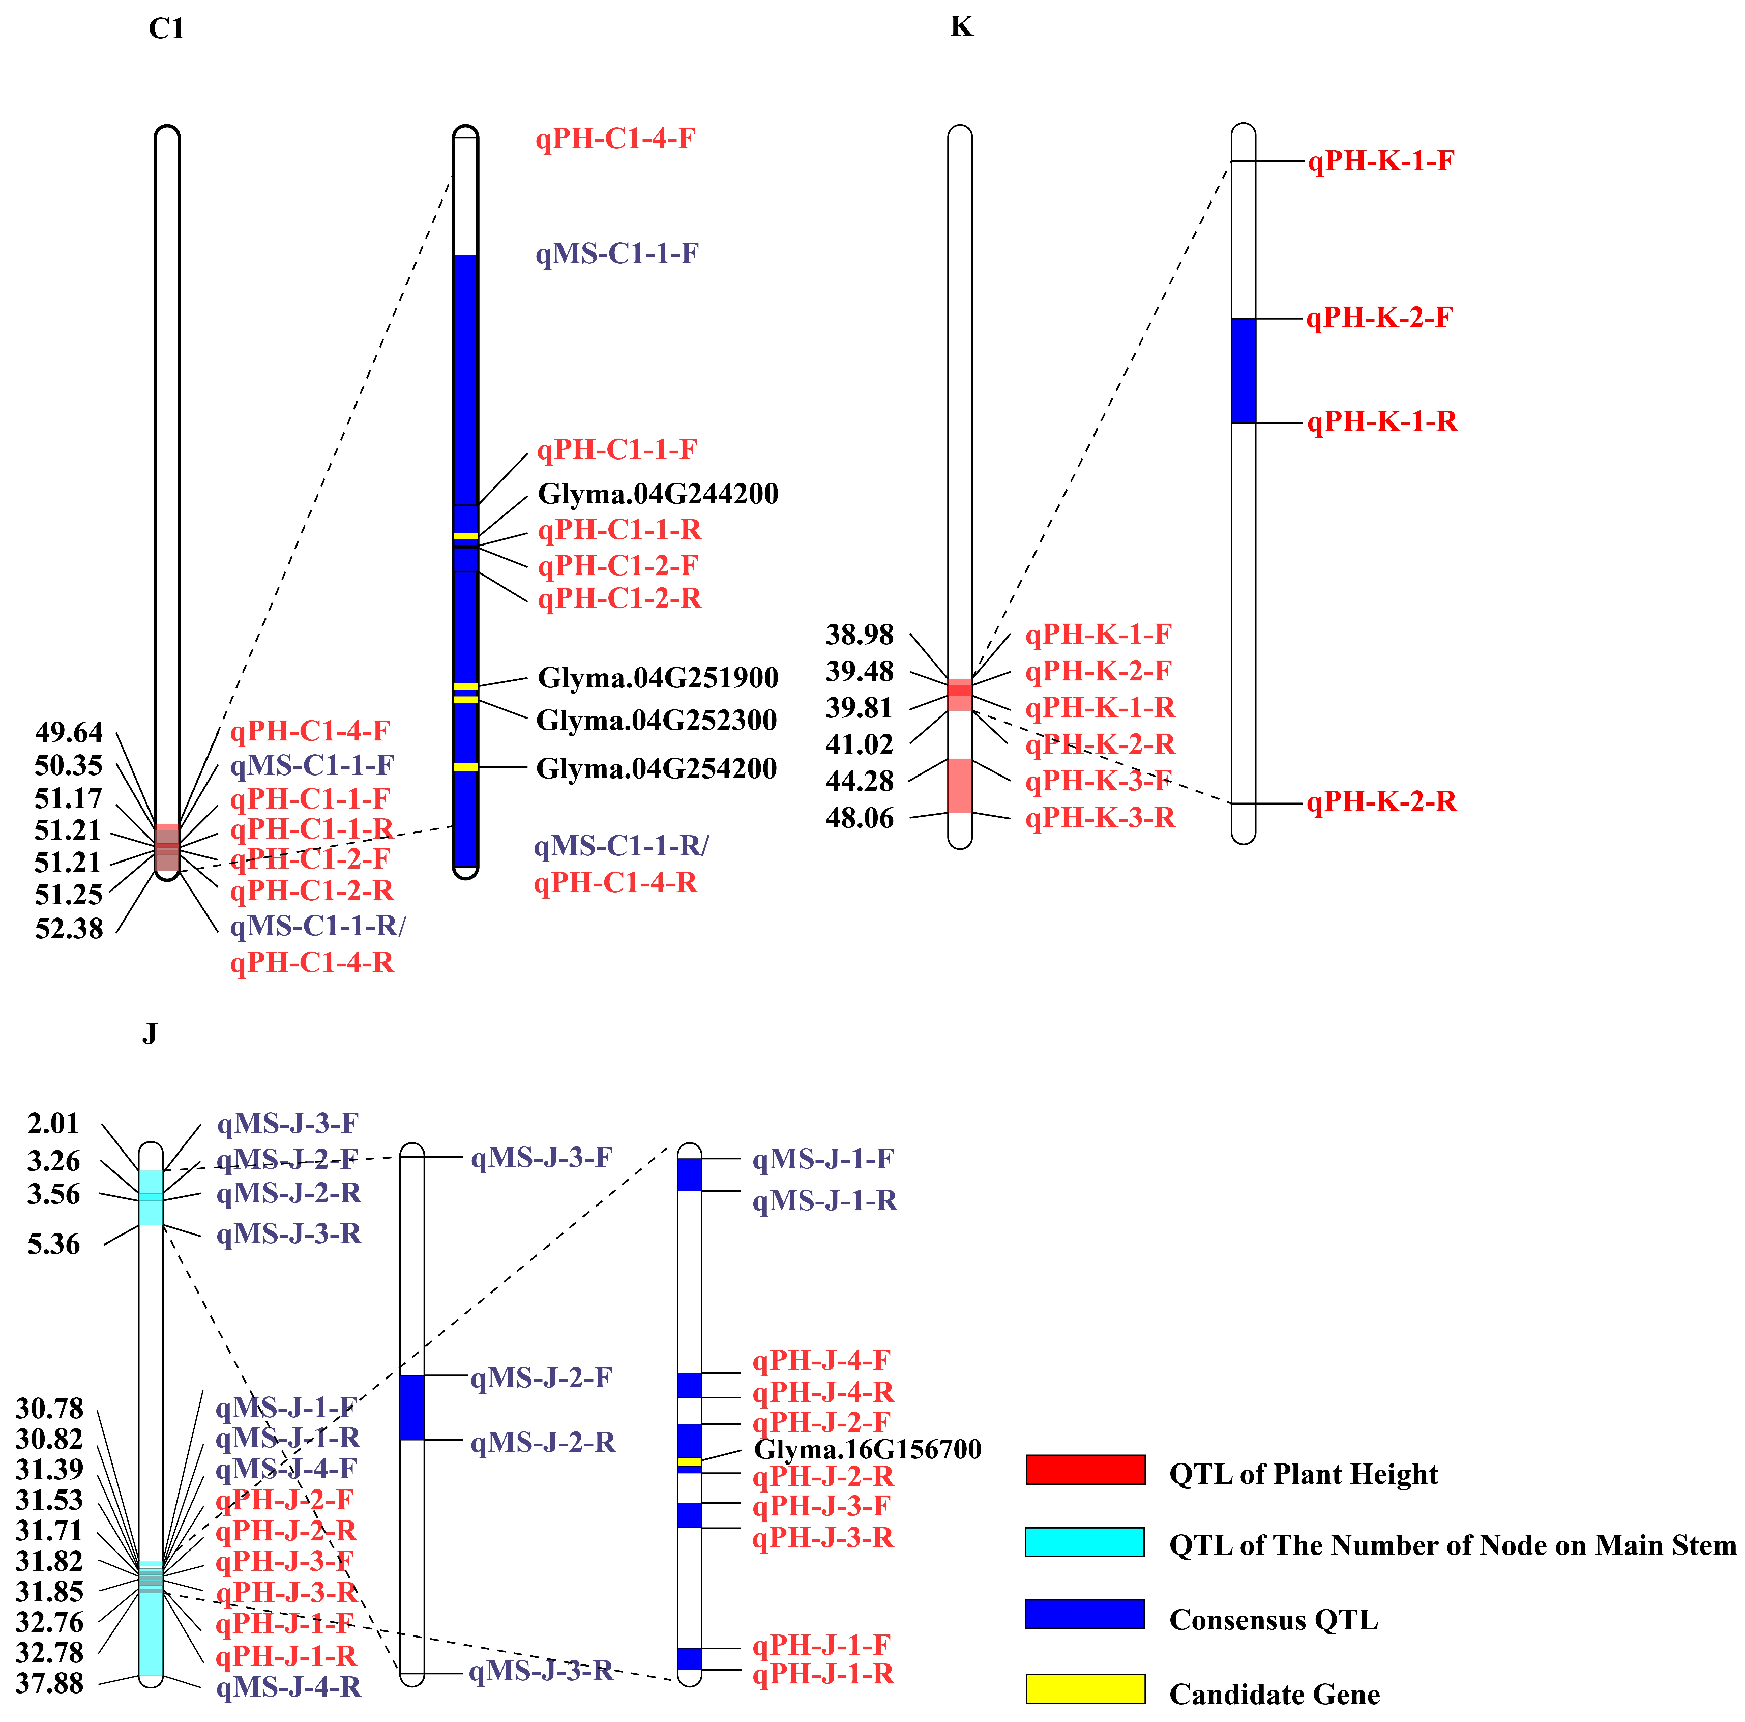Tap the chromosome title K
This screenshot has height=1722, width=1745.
point(961,27)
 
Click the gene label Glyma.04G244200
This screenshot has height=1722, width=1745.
point(658,494)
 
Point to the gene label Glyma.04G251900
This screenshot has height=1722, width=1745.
point(658,678)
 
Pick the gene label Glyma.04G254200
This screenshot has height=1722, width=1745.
point(657,769)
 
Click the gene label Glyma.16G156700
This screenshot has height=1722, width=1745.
point(867,1449)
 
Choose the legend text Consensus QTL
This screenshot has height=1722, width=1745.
point(1274,1619)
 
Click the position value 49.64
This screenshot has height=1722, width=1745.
point(69,732)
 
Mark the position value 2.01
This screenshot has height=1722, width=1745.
point(53,1124)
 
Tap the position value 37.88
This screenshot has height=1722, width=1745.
point(50,1684)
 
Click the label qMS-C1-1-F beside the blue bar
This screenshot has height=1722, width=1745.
point(617,254)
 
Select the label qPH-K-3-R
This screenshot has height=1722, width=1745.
point(1100,818)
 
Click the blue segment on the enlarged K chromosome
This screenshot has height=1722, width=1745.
point(1243,370)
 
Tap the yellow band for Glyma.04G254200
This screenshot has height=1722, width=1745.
point(465,767)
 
